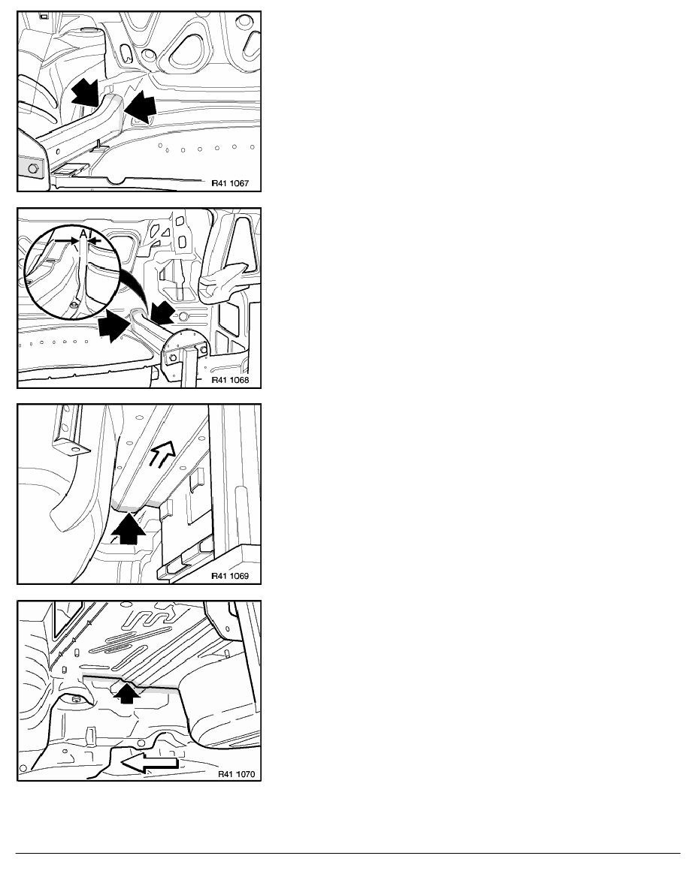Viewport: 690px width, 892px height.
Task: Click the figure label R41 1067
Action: click(230, 184)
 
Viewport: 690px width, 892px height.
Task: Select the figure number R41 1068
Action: click(230, 380)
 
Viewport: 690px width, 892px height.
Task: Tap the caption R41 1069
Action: click(230, 576)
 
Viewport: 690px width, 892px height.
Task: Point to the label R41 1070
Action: click(236, 774)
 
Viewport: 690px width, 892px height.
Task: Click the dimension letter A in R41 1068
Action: click(83, 234)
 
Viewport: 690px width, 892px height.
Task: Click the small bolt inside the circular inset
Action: click(74, 306)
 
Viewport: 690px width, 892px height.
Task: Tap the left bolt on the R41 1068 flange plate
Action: click(170, 357)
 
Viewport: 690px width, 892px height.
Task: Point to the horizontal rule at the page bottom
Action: click(348, 853)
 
